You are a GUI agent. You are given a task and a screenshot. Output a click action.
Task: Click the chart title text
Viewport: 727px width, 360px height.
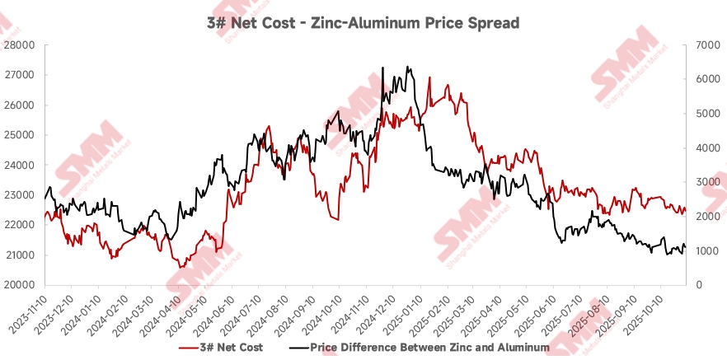tap(363, 23)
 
